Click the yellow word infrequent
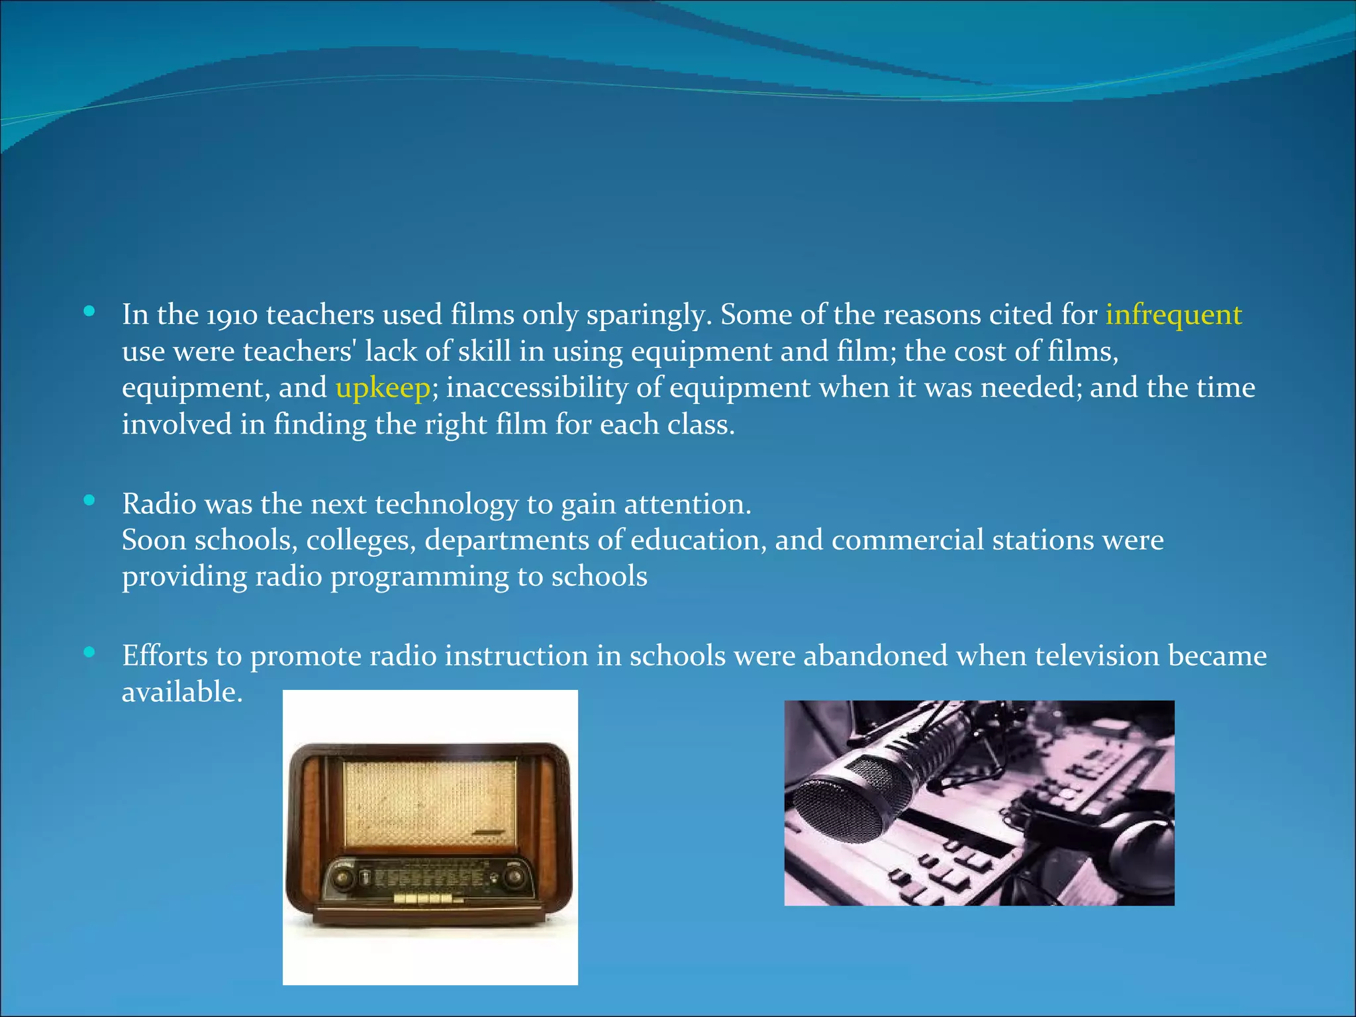(1173, 315)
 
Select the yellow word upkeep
(383, 388)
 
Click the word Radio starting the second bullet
(159, 504)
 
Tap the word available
(181, 693)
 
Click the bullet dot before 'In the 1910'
(89, 311)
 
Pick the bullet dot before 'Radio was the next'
(89, 501)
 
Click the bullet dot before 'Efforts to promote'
(89, 653)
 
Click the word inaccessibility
(537, 388)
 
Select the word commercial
(907, 540)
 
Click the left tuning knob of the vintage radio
(342, 879)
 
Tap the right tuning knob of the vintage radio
(514, 879)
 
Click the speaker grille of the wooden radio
(429, 804)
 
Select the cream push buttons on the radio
(424, 898)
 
